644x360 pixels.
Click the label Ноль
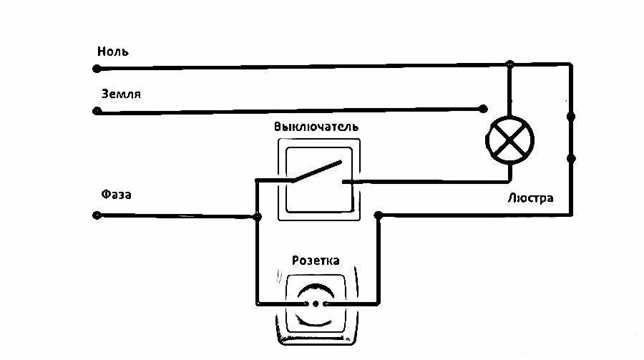[x=113, y=52]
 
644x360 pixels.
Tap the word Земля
[x=120, y=94]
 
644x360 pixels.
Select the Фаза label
[x=117, y=195]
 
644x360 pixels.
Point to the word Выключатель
[x=316, y=127]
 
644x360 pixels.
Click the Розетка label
[x=316, y=260]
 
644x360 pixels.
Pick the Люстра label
[x=530, y=198]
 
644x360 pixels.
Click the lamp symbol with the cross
[x=509, y=139]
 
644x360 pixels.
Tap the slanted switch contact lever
[x=316, y=172]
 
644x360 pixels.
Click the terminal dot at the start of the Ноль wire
[x=97, y=69]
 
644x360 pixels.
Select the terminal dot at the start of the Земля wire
[x=97, y=111]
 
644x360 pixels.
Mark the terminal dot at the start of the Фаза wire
[x=97, y=215]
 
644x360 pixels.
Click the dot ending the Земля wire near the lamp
[x=482, y=110]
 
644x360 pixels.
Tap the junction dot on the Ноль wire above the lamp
[x=509, y=65]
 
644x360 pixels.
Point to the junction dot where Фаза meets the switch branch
[x=257, y=215]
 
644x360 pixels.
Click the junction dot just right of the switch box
[x=379, y=215]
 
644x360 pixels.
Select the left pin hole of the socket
[x=311, y=303]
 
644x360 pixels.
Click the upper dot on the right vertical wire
[x=571, y=116]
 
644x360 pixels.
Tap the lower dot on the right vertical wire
[x=571, y=158]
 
